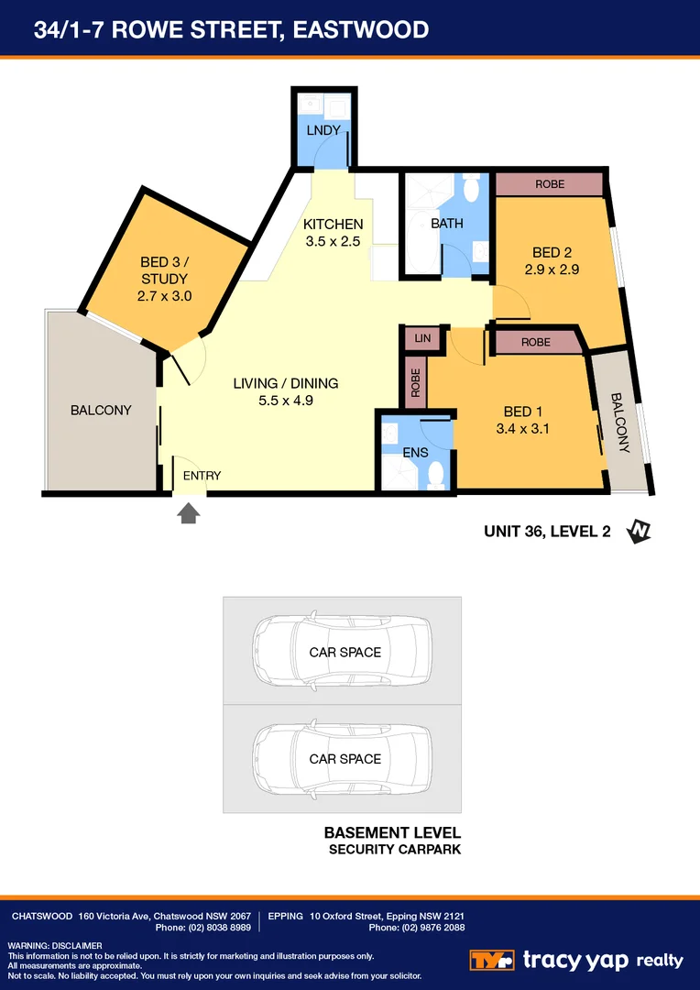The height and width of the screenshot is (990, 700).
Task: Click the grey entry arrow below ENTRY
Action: pos(189,513)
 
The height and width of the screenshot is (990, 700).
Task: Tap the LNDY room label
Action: pos(323,130)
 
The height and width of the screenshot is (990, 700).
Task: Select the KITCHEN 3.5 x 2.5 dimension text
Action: pos(334,242)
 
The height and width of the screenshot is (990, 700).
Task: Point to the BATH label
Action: pos(447,223)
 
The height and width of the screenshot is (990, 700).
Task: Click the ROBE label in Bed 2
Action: pos(550,184)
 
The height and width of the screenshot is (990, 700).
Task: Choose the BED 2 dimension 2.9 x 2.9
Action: pos(552,269)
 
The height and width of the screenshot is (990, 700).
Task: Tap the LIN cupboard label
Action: pos(421,338)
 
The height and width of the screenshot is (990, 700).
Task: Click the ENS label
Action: pos(415,452)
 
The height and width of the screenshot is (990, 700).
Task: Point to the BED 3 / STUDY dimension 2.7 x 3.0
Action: pos(164,296)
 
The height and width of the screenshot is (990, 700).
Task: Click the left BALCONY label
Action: pos(101,410)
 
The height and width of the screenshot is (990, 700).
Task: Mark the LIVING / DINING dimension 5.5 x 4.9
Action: pos(286,400)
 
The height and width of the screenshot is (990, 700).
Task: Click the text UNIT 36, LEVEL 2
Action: pos(547,530)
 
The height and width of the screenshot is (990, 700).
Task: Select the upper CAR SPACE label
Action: pos(345,653)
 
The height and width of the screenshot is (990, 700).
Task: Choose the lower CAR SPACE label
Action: pos(345,759)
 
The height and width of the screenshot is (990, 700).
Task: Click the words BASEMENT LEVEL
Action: pos(392,833)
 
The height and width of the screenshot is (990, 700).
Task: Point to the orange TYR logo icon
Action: pos(492,960)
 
